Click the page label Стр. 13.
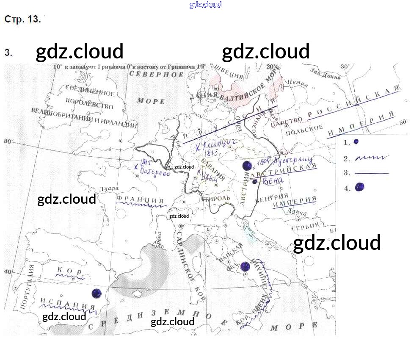pyautogui.click(x=22, y=20)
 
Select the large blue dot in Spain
pyautogui.click(x=97, y=293)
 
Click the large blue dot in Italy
pyautogui.click(x=245, y=267)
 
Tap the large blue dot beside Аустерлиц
pyautogui.click(x=247, y=166)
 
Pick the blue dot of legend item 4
pyautogui.click(x=360, y=187)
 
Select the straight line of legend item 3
pyautogui.click(x=372, y=173)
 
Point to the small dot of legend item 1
pyautogui.click(x=356, y=141)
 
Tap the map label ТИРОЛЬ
pyautogui.click(x=217, y=198)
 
